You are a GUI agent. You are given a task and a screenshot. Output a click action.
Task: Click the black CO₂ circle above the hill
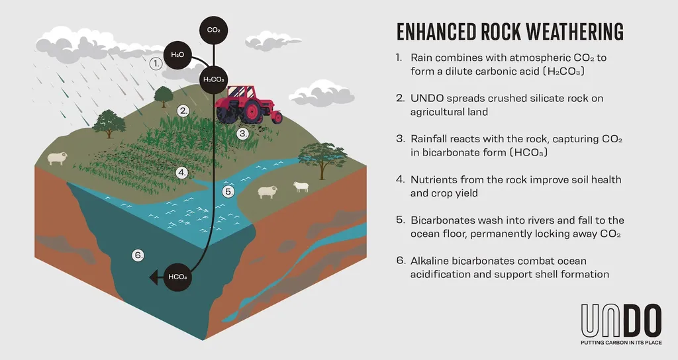214,30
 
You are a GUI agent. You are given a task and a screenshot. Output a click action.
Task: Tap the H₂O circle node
177,55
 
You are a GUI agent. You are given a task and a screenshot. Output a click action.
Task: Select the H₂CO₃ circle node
214,79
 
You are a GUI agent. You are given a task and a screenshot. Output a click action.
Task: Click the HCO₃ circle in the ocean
177,277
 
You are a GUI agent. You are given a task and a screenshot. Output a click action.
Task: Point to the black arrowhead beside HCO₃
154,277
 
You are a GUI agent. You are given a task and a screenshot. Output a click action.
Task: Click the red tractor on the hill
248,105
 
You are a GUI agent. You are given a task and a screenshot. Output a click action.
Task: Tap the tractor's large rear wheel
251,111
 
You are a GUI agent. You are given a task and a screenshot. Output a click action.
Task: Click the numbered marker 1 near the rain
156,64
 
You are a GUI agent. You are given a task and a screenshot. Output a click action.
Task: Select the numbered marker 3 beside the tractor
244,134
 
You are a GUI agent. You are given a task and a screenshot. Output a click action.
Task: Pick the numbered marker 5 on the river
228,191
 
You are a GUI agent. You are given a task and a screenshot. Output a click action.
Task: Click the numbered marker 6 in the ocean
138,255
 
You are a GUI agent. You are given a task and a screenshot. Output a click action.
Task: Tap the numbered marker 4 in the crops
182,173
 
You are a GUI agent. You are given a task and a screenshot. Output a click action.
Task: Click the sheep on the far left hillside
57,158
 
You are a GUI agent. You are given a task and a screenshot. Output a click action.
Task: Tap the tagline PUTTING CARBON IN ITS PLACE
621,343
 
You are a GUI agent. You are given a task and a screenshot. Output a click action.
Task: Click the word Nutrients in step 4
433,179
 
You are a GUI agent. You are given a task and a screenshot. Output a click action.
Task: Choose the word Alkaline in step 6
429,261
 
